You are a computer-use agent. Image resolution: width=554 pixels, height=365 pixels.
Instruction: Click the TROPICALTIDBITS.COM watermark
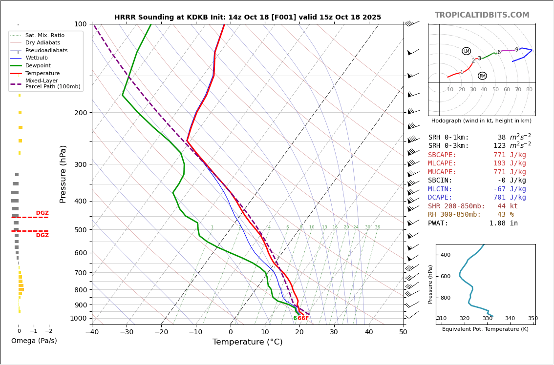(482, 15)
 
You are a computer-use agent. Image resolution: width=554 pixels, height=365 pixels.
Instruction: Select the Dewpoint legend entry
(38, 65)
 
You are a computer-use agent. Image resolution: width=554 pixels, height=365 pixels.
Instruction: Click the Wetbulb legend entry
(36, 58)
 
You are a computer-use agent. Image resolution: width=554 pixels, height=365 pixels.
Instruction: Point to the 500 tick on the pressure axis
(81, 230)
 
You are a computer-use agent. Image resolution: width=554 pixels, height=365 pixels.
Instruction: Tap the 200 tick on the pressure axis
(81, 113)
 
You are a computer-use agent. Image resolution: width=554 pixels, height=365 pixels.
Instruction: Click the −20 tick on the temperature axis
(161, 332)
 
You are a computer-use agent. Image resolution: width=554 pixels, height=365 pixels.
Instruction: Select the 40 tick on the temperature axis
(369, 332)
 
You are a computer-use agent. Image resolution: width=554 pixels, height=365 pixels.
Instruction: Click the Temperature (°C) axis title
(248, 342)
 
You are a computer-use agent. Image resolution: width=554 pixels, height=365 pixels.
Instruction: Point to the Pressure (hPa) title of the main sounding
(63, 174)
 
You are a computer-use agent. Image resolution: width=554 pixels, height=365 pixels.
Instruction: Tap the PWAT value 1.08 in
(503, 223)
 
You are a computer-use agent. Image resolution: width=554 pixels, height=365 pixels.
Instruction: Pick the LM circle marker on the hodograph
(466, 51)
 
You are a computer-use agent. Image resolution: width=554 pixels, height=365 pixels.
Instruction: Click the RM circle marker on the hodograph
(482, 76)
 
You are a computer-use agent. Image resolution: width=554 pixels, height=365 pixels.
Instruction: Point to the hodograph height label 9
(516, 50)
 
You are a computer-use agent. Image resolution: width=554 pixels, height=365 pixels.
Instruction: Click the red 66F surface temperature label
(303, 318)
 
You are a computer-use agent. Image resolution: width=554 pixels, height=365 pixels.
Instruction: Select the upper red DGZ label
(43, 213)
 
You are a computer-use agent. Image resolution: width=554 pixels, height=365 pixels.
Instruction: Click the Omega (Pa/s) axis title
(34, 341)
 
